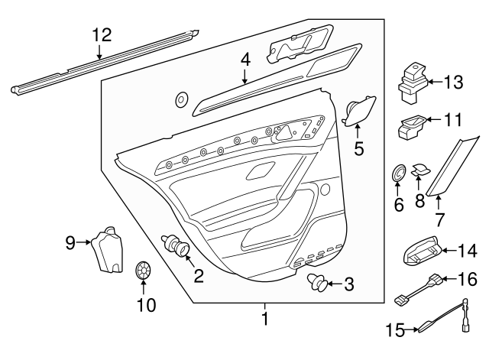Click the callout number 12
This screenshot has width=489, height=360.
click(x=102, y=34)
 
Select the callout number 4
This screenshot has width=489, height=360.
click(x=244, y=58)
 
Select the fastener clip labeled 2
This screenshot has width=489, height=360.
click(x=178, y=249)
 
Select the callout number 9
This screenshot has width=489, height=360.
click(x=70, y=243)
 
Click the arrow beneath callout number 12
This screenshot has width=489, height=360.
click(x=100, y=52)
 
